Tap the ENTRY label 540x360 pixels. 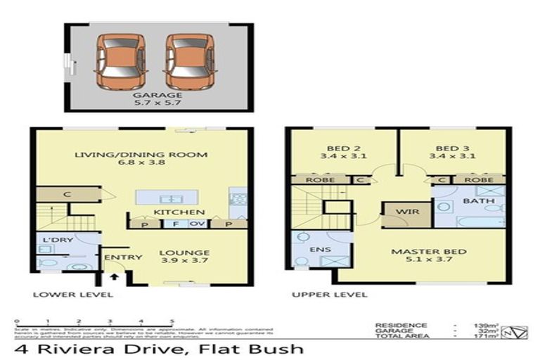pyautogui.click(x=118, y=257)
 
